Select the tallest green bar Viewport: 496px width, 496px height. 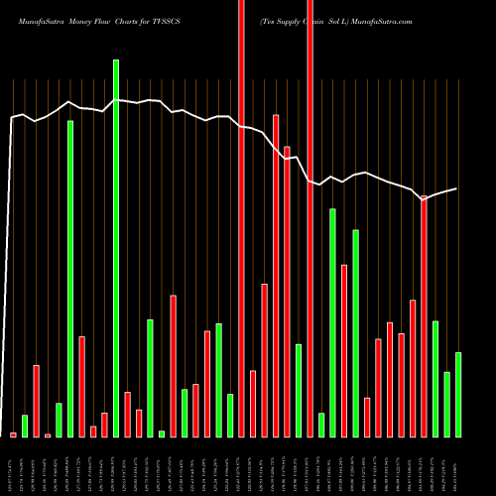coord(116,248)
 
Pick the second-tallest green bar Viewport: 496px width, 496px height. coord(70,278)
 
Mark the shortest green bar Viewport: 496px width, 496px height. coord(162,434)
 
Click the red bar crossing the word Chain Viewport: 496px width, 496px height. coord(310,218)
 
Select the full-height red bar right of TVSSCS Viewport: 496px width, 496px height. coord(241,218)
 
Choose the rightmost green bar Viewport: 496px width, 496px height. coord(458,394)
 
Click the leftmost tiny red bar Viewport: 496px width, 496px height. coord(14,434)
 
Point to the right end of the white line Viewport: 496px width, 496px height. coord(456,188)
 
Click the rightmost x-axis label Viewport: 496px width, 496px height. coord(458,466)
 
